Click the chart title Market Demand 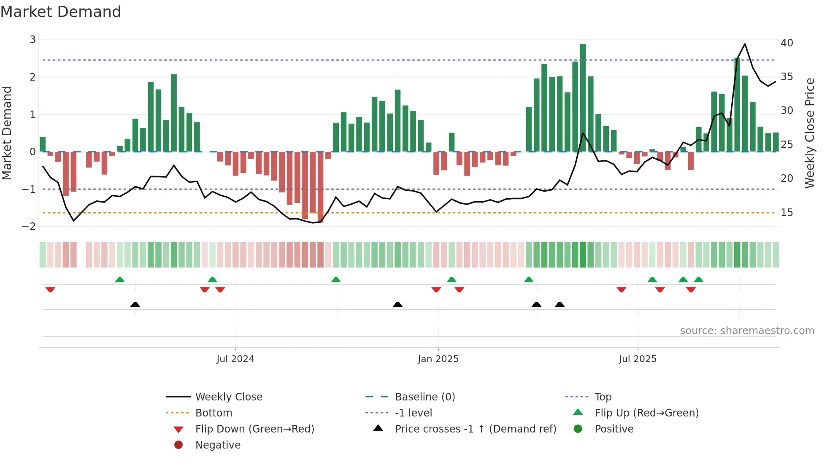(x=61, y=12)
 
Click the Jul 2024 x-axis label (x=235, y=359)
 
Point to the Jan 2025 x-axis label (x=438, y=359)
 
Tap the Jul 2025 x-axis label (x=638, y=359)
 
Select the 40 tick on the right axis (x=786, y=43)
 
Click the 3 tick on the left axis (x=32, y=40)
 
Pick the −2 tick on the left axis (x=29, y=227)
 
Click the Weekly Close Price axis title (x=809, y=133)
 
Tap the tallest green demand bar (x=583, y=97)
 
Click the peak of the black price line (x=745, y=44)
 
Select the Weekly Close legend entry (x=228, y=397)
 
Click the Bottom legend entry (x=214, y=413)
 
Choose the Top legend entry (x=603, y=397)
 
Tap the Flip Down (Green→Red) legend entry (x=254, y=429)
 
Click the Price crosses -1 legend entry (x=475, y=429)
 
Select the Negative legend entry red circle (x=178, y=445)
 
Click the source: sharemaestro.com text (x=747, y=331)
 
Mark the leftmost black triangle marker (x=135, y=305)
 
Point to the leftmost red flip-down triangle (x=50, y=289)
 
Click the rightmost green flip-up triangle (x=698, y=280)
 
